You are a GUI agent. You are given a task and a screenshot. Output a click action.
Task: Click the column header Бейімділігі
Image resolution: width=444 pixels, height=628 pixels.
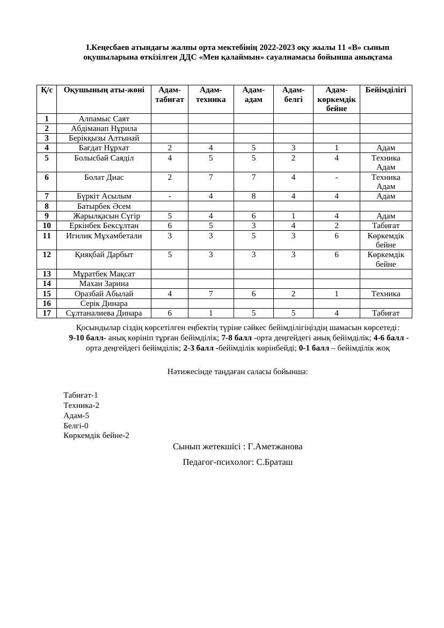coord(385,90)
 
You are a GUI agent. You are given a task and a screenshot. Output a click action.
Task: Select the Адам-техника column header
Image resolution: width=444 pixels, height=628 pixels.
coord(210,94)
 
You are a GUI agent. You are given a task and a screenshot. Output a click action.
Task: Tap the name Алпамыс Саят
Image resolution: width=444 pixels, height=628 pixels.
coord(104,119)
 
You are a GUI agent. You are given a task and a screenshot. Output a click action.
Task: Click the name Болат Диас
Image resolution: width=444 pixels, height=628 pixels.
coord(104,177)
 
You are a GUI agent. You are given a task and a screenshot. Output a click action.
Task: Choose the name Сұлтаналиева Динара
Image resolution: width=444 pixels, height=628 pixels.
coord(104,313)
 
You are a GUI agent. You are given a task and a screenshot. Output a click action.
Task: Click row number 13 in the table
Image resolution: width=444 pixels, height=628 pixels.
coord(47,274)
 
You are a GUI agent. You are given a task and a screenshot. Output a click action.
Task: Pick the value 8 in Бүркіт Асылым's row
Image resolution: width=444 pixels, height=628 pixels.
coord(253,196)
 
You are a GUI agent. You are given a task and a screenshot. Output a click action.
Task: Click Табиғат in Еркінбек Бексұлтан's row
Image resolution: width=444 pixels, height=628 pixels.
coord(385,225)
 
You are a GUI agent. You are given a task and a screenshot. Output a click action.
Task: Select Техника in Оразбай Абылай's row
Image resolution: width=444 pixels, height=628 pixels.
coord(385,294)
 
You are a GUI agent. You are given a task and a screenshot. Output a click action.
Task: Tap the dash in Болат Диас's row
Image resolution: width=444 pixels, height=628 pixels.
coord(337,177)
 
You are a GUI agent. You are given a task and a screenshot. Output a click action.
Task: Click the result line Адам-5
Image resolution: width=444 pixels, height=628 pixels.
coord(76,415)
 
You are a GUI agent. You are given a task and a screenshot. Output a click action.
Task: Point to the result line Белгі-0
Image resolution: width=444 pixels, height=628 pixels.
coord(76,426)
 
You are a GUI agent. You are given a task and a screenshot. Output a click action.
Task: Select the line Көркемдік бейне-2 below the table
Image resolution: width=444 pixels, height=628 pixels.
coord(96,435)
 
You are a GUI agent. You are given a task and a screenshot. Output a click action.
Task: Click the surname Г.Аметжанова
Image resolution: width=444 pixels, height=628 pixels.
coord(275,447)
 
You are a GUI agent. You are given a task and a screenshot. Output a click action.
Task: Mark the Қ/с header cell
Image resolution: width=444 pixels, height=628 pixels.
coord(47,90)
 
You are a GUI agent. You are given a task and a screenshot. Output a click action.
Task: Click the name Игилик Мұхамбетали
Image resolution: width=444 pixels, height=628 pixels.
coord(104,236)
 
